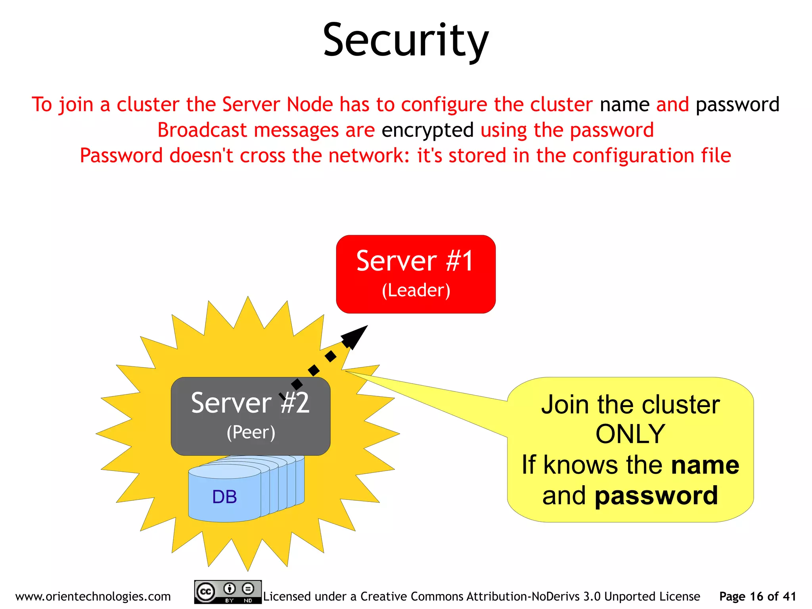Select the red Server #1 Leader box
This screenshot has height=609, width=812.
416,274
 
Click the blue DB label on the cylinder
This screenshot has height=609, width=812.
224,497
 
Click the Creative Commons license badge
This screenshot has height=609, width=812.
228,592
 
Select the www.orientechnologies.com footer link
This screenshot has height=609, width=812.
93,596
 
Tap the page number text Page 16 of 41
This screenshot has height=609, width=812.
757,596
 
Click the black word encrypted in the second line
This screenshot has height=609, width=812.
427,130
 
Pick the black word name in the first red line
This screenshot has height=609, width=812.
624,105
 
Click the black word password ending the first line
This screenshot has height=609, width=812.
737,105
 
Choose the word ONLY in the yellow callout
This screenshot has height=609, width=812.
630,434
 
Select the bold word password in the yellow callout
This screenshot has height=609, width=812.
656,496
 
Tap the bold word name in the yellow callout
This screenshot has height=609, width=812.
705,465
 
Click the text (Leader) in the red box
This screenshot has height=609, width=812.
416,290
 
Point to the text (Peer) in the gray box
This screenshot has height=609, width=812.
251,432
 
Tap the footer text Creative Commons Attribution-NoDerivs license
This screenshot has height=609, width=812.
481,596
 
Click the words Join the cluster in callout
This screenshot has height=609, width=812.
630,405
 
